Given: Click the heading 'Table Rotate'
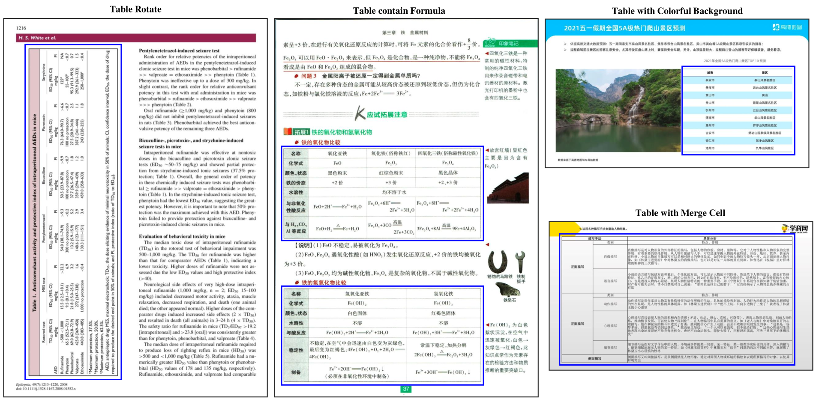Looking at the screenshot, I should (x=135, y=9).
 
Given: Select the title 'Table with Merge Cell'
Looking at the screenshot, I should (x=680, y=213).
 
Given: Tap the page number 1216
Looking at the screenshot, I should (x=21, y=28).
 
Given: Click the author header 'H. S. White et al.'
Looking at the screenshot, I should (x=37, y=38).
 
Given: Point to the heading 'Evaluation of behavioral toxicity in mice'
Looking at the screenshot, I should (x=182, y=236).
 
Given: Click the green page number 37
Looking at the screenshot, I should (x=406, y=389).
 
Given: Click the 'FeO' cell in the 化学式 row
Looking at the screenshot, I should (x=337, y=163).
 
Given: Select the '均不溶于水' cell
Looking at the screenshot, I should (x=394, y=192).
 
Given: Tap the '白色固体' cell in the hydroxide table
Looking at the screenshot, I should (x=357, y=313).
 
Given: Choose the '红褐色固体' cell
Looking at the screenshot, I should (x=443, y=313).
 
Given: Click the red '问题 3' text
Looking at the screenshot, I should (x=309, y=76).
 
